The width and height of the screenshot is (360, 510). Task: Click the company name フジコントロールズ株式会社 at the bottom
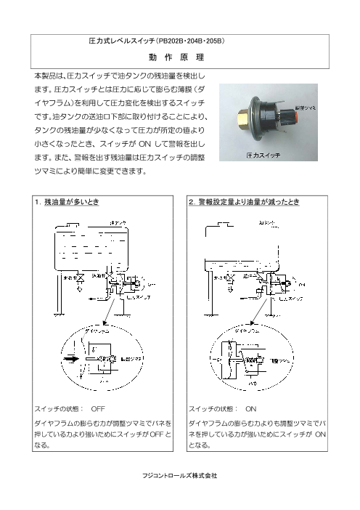click(x=179, y=475)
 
